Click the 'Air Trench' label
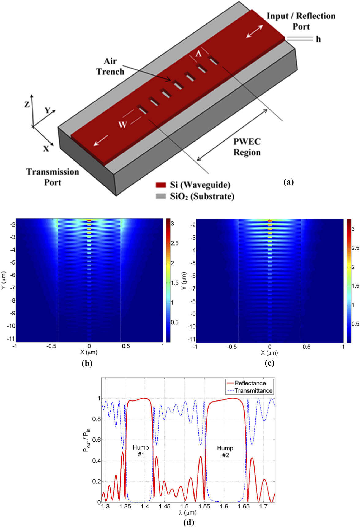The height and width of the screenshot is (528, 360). (110, 66)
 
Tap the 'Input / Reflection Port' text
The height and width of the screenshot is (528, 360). (301, 21)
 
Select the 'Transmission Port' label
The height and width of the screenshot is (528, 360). (52, 177)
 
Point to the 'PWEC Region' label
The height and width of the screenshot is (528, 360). (247, 147)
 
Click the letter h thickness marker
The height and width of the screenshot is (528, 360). (318, 39)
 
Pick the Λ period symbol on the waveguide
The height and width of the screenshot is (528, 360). (198, 54)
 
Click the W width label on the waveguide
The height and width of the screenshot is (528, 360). (122, 124)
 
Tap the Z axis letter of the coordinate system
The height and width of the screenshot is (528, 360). (27, 105)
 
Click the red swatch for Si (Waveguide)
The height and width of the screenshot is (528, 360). (161, 185)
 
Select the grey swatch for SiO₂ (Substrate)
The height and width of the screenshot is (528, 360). (161, 196)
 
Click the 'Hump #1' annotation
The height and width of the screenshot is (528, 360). (141, 451)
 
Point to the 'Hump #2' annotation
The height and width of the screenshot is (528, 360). (225, 451)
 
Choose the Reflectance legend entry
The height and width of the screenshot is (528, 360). (250, 383)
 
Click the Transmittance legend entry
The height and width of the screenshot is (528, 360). (253, 390)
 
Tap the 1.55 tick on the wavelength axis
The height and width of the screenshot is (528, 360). (204, 506)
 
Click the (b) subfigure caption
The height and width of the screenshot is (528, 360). (87, 364)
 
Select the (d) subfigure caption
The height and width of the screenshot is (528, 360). (188, 522)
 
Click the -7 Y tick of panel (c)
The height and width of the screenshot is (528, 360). (193, 288)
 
